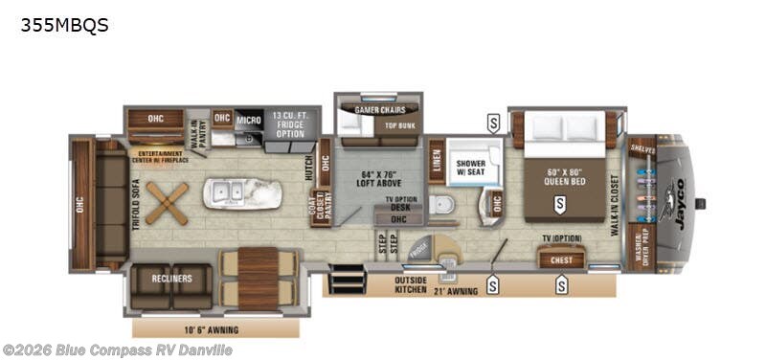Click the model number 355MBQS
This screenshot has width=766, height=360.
click(x=64, y=26)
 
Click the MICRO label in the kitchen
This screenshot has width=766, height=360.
click(x=249, y=120)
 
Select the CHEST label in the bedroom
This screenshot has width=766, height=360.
click(x=561, y=259)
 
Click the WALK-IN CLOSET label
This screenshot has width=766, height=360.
click(x=614, y=202)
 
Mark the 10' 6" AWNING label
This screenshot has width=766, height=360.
click(x=211, y=329)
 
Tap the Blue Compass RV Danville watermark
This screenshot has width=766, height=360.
click(x=117, y=350)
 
